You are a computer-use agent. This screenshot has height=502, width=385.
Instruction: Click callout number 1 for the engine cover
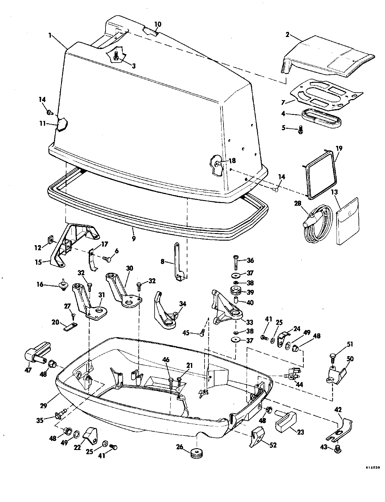tap(50, 35)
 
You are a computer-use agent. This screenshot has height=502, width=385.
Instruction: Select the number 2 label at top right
tap(287, 35)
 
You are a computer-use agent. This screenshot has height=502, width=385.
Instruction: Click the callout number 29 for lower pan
tap(43, 406)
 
